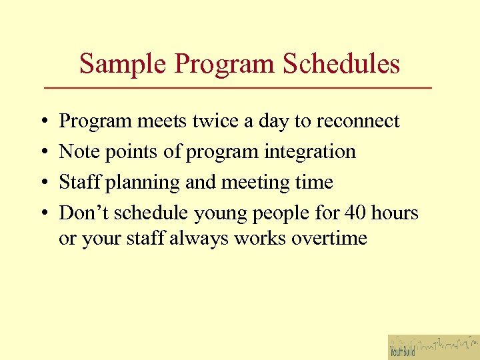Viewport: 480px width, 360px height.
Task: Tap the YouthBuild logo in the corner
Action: [433, 347]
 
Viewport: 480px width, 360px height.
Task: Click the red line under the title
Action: [238, 89]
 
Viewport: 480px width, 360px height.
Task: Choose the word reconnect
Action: [357, 121]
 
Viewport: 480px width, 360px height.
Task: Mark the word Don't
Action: [85, 213]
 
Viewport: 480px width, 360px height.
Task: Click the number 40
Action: [356, 213]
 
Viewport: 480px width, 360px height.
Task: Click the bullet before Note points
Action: [43, 153]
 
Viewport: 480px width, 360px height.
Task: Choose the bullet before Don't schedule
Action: [43, 214]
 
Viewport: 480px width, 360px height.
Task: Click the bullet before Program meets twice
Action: [43, 122]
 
